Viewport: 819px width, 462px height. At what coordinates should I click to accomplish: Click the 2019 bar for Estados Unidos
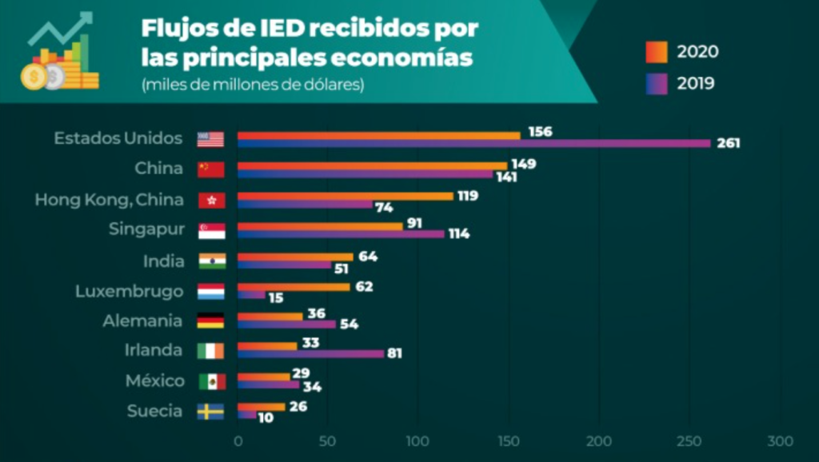(473, 144)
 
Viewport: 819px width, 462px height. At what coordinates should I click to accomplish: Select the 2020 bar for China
(372, 165)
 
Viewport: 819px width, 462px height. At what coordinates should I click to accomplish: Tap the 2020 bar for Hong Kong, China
(345, 196)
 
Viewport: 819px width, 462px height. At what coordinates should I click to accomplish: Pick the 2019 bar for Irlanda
(310, 353)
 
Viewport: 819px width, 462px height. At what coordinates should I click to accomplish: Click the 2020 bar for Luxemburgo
(294, 287)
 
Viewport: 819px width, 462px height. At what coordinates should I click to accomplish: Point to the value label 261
(729, 144)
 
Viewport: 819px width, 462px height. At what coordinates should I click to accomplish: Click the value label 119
(468, 196)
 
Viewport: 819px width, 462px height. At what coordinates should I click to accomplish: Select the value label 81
(394, 353)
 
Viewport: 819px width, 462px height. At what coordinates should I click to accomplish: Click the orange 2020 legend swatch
(657, 52)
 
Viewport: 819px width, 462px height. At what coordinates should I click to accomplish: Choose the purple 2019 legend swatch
(657, 83)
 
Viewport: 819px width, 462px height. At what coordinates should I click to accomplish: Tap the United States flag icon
(211, 139)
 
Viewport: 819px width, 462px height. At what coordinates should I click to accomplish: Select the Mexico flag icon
(212, 381)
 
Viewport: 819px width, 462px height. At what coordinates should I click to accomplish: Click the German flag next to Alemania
(212, 321)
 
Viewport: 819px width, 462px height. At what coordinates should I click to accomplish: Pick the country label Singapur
(146, 230)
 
